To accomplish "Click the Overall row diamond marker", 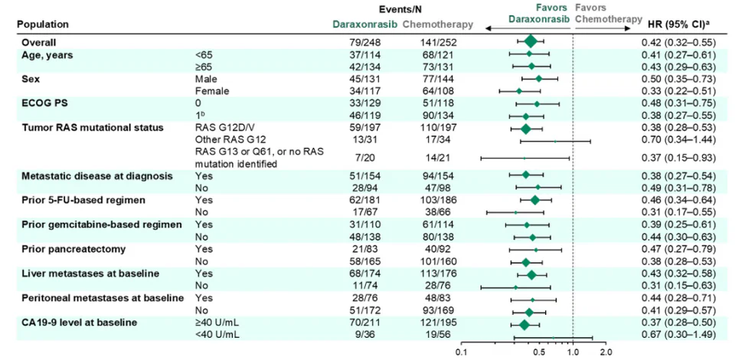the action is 530,41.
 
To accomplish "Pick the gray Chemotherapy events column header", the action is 438,25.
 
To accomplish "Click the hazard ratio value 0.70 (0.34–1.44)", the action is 679,139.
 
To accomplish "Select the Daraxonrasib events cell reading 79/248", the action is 361,42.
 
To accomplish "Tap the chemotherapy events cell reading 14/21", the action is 438,158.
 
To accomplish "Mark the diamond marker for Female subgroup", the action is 519,90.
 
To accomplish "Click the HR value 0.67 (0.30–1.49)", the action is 679,334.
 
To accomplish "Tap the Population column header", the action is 43,25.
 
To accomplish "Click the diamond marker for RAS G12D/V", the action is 526,128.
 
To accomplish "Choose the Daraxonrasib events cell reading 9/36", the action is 361,334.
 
